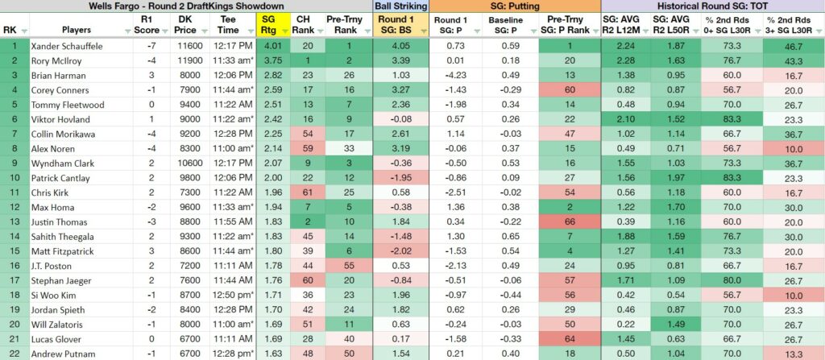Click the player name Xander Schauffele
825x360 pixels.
(66, 47)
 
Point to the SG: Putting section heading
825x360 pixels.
(515, 6)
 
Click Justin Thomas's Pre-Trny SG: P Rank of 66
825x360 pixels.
(570, 222)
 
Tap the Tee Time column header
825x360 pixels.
(226, 25)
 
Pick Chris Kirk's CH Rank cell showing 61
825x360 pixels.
(307, 193)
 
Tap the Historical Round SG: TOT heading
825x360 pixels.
(712, 6)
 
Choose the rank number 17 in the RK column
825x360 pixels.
(14, 280)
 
